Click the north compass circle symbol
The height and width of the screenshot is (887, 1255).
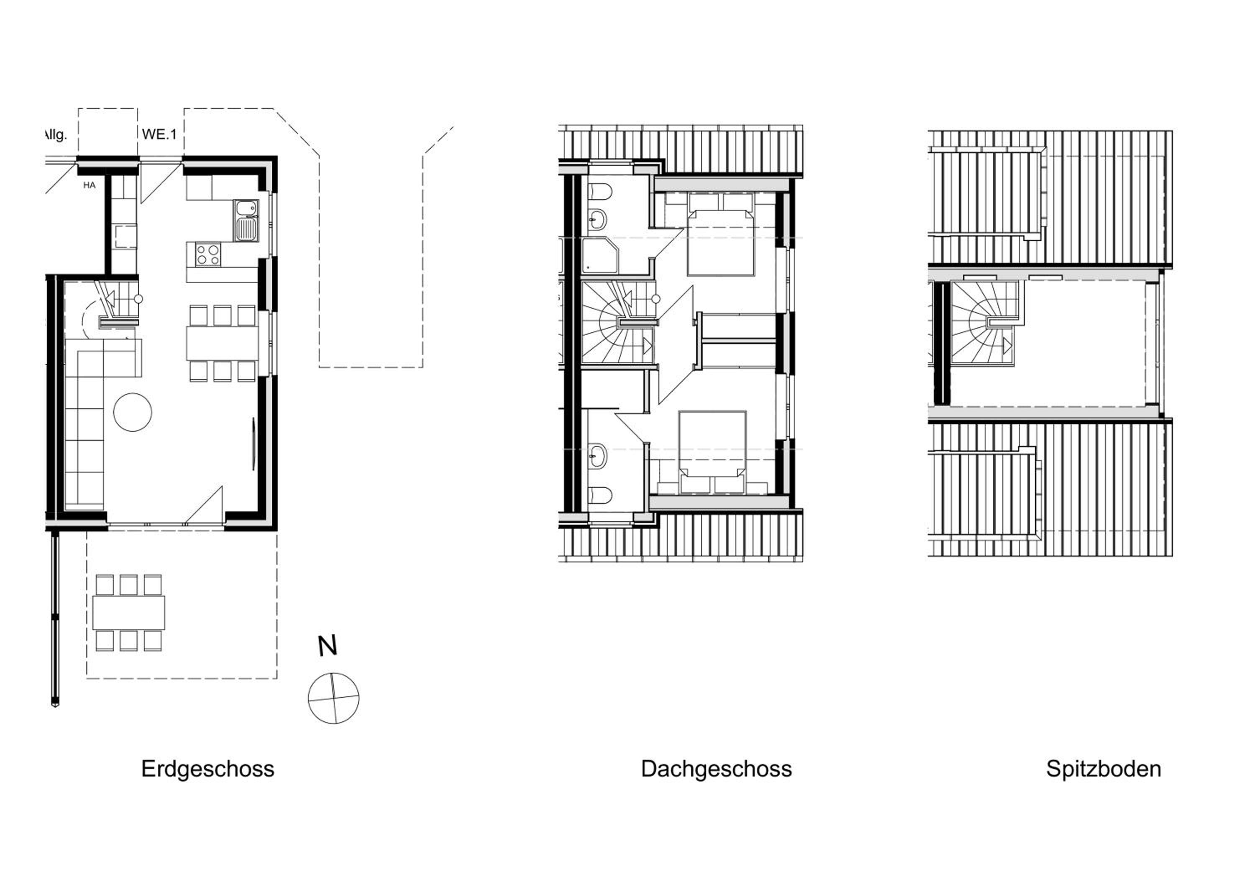[333, 698]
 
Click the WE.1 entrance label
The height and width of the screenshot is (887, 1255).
[159, 134]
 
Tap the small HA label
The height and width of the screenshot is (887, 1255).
[90, 185]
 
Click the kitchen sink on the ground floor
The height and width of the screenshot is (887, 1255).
[246, 221]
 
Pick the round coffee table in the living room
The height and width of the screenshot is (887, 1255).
[132, 412]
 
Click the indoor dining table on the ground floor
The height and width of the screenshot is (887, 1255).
[222, 343]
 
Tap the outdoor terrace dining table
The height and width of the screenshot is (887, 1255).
[128, 613]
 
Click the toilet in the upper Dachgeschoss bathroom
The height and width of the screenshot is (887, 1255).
[599, 192]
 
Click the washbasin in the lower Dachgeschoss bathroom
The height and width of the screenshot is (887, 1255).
[597, 456]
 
